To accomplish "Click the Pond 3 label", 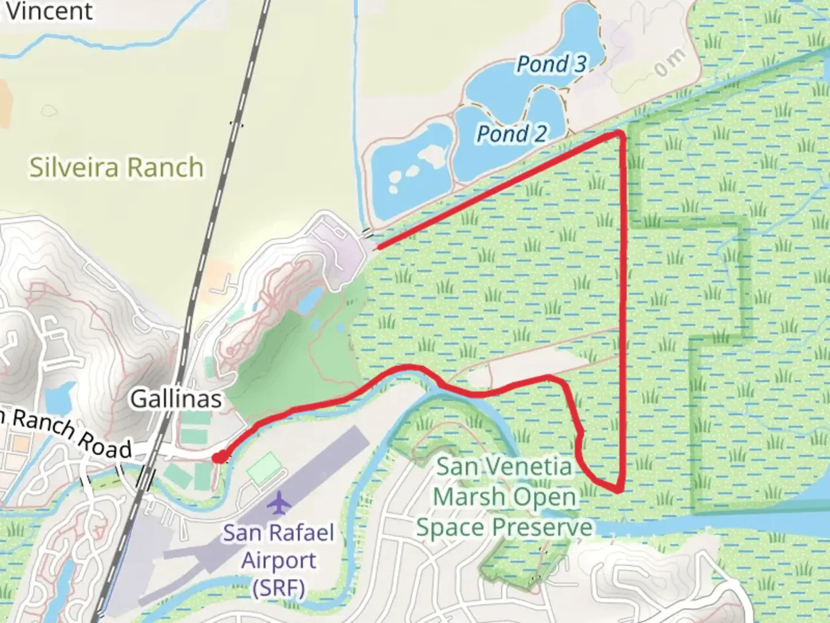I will tap(551, 64).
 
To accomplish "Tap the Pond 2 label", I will tap(511, 134).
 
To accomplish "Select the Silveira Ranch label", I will tap(116, 167).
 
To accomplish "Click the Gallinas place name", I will tap(176, 399).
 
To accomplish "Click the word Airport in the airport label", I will tap(279, 560).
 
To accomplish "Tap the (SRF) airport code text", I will tap(279, 588).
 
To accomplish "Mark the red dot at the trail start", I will tap(218, 457).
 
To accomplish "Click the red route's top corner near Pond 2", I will tap(619, 134).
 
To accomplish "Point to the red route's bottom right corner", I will tap(618, 491).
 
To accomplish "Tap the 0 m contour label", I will tap(670, 62).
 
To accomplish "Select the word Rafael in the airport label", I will tap(301, 532).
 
